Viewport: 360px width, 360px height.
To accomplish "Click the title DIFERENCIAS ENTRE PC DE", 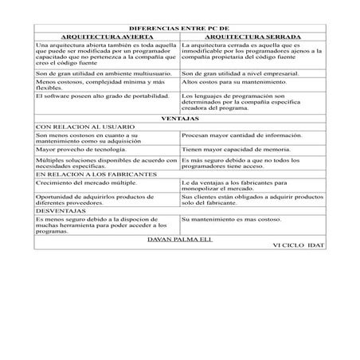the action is [x=178, y=28].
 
